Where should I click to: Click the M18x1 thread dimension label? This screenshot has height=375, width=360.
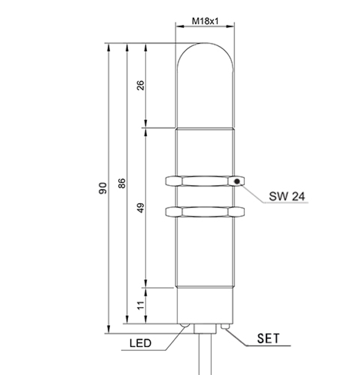point(205,21)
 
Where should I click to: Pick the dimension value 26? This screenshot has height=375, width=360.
point(141,86)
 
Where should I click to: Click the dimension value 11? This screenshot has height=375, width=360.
point(141,305)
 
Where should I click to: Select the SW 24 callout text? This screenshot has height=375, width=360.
point(287,197)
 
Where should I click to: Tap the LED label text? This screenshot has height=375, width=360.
point(140,343)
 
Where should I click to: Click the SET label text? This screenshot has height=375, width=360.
point(268,339)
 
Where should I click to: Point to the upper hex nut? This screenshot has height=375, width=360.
point(205,181)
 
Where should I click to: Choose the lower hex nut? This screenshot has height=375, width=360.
point(205,213)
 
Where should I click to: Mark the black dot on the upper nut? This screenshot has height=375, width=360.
point(238,181)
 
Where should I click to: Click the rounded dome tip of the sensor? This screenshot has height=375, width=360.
point(205,56)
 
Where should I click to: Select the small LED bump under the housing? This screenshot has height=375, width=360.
point(184,325)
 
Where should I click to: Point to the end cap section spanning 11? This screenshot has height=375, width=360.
point(205,305)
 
